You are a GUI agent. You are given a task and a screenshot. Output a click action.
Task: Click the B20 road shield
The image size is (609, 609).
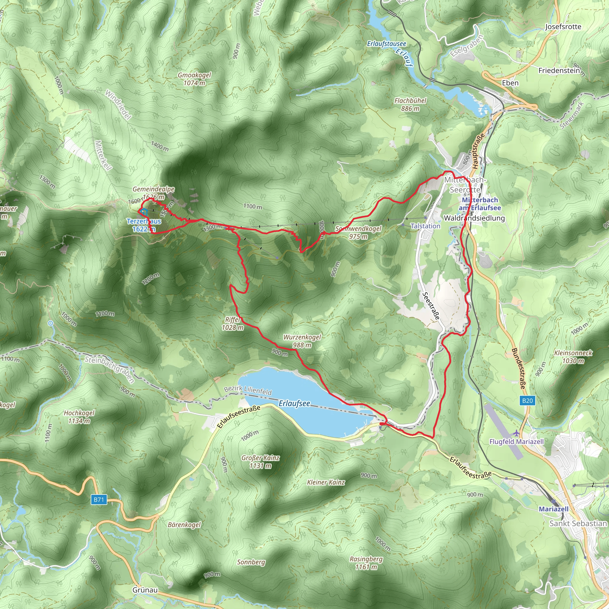(527, 401)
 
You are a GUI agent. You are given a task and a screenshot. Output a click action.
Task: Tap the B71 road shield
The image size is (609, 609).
(99, 499)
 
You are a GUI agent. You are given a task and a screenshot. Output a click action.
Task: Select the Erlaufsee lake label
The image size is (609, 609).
(294, 404)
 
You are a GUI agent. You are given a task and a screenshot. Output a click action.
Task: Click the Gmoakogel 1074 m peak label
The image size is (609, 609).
(194, 79)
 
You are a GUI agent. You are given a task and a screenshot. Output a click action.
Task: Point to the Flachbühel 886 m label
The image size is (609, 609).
(410, 104)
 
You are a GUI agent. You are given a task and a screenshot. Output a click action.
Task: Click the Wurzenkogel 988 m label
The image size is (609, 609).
(302, 341)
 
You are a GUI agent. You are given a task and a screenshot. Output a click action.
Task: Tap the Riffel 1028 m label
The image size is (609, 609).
(233, 324)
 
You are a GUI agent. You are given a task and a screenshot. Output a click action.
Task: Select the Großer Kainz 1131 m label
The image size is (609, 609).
(260, 462)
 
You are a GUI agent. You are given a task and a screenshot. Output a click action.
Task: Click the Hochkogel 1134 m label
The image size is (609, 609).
(79, 417)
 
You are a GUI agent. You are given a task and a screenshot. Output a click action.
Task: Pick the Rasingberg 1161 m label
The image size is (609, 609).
(366, 563)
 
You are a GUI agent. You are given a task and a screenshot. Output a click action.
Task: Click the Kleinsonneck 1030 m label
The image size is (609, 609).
(573, 357)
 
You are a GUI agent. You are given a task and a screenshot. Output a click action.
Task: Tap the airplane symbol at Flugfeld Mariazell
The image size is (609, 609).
(516, 433)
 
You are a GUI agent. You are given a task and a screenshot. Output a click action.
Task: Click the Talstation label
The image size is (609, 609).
(425, 226)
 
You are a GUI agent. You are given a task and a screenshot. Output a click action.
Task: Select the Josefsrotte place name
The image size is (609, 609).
(563, 26)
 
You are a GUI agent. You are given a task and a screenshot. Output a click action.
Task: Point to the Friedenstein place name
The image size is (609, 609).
(559, 70)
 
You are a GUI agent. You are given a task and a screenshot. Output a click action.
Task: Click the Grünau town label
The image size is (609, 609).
(145, 590)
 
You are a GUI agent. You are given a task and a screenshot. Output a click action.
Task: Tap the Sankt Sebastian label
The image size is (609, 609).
(578, 524)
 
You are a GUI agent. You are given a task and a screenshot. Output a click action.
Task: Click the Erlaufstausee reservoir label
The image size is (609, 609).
(387, 44)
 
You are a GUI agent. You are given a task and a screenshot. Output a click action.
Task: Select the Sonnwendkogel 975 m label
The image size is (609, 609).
(358, 232)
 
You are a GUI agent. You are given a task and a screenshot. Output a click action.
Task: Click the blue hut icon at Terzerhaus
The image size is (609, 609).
(144, 212)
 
